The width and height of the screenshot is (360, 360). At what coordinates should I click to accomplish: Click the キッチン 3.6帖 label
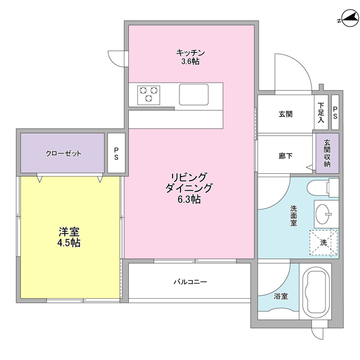[x=190, y=57]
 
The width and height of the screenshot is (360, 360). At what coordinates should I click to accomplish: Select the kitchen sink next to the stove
[x=193, y=93]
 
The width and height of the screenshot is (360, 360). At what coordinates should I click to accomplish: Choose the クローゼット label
[x=64, y=153]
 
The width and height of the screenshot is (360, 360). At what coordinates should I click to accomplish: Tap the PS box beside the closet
[x=116, y=153]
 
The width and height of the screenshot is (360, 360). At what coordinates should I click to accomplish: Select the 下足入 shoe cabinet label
[x=321, y=113]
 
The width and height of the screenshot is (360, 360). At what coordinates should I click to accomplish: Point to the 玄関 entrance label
[x=285, y=114]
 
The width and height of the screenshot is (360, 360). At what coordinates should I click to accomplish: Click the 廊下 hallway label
[x=285, y=157]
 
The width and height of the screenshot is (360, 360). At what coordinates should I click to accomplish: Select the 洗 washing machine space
[x=323, y=242]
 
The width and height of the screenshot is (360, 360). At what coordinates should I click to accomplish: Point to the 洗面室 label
[x=293, y=216]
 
